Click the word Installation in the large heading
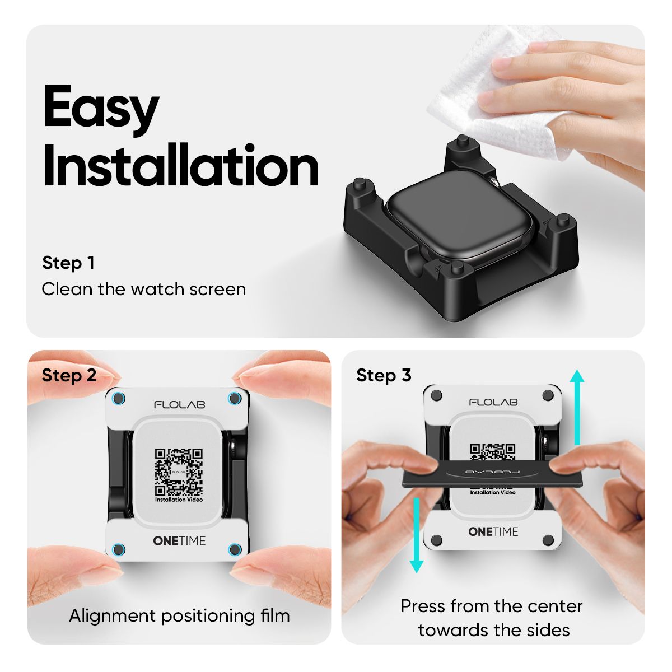tap(180, 166)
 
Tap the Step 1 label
tap(68, 263)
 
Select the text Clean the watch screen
tap(143, 290)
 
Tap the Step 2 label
tap(69, 375)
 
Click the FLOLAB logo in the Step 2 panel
tap(179, 404)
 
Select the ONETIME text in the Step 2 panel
tap(179, 541)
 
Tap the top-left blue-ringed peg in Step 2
tap(119, 399)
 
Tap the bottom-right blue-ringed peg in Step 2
tap(235, 549)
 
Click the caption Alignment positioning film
tap(179, 616)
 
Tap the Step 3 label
tap(384, 375)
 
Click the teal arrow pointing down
tap(416, 535)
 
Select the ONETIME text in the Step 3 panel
tap(493, 531)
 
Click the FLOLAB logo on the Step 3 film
tap(493, 402)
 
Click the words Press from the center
tap(492, 606)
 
